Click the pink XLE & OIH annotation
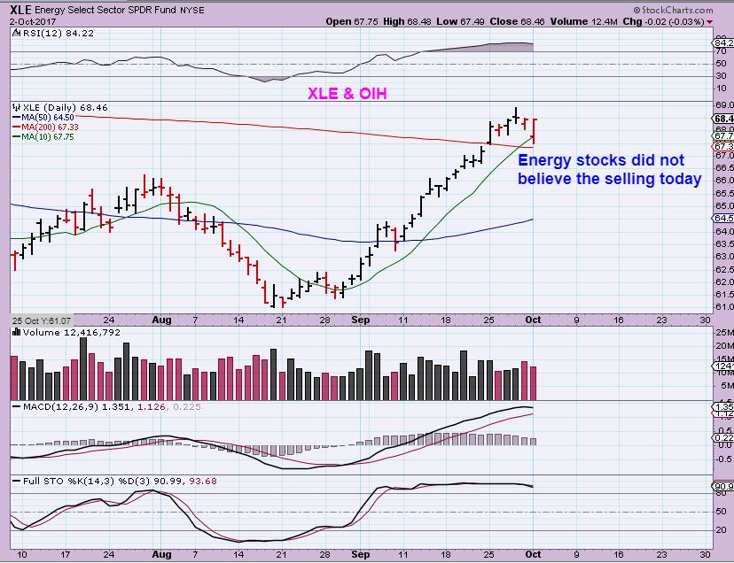click(347, 92)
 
